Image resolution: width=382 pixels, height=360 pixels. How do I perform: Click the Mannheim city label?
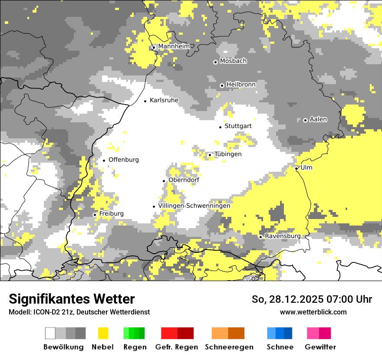pos(174,46)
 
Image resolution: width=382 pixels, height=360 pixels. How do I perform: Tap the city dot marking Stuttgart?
pos(221,127)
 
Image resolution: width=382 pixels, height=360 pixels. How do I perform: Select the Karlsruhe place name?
pos(164,100)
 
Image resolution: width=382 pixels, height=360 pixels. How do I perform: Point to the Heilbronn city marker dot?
pos(222,85)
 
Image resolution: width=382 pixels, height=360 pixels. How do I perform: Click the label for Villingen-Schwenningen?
pos(194,206)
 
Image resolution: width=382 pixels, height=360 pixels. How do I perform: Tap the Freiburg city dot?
pos(95,215)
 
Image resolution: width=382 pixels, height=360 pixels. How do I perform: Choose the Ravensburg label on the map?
pos(283,236)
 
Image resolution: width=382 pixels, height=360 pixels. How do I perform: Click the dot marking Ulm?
pos(296,168)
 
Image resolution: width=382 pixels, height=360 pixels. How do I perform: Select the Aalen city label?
pos(318,119)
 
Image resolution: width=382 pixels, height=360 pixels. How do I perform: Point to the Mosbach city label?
pos(233,61)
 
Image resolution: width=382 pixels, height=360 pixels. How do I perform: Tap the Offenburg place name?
pos(124,160)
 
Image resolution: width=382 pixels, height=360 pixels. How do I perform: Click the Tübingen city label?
pos(227,154)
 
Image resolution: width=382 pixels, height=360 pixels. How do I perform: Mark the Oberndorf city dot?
pos(164,181)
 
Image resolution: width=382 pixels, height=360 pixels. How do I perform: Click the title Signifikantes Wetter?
pos(72,299)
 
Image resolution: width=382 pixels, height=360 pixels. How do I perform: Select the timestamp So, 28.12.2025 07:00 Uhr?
pos(312,299)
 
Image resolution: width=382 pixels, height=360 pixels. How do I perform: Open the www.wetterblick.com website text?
pos(313,312)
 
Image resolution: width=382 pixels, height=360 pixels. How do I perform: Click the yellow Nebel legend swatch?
pos(103,333)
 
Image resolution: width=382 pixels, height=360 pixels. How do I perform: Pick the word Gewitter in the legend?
pos(320,347)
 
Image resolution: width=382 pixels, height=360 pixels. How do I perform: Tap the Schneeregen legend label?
pos(229,347)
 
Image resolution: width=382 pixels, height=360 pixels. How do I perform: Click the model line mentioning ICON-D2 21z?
pos(79,312)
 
